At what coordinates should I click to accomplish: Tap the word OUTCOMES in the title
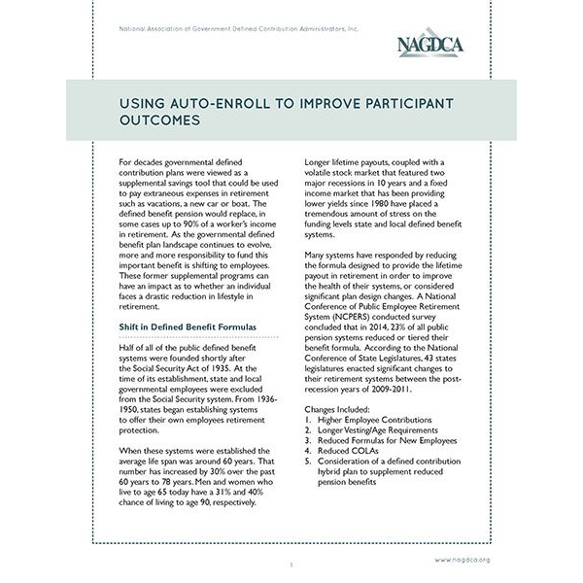coord(154,122)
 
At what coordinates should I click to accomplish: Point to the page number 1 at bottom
coord(291,564)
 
